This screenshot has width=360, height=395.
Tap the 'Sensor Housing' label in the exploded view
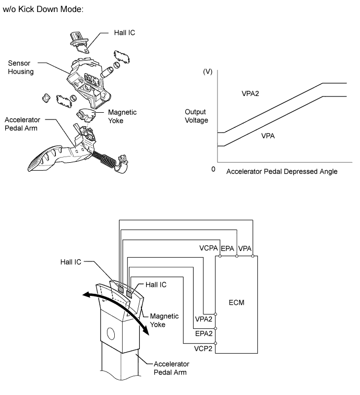(x=20, y=67)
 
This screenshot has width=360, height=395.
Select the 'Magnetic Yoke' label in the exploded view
(x=122, y=116)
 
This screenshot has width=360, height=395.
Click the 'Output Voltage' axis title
(x=196, y=116)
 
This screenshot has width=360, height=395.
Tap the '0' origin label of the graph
(x=213, y=170)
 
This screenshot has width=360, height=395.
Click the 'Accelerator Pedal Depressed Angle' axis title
(x=282, y=171)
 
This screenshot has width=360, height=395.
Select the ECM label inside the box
(x=237, y=303)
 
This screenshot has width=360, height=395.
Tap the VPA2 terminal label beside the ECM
(x=203, y=317)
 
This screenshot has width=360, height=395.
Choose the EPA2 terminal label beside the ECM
(x=203, y=332)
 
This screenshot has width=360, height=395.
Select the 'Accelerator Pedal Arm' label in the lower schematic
(x=171, y=368)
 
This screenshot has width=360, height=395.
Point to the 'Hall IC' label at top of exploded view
(x=125, y=32)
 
